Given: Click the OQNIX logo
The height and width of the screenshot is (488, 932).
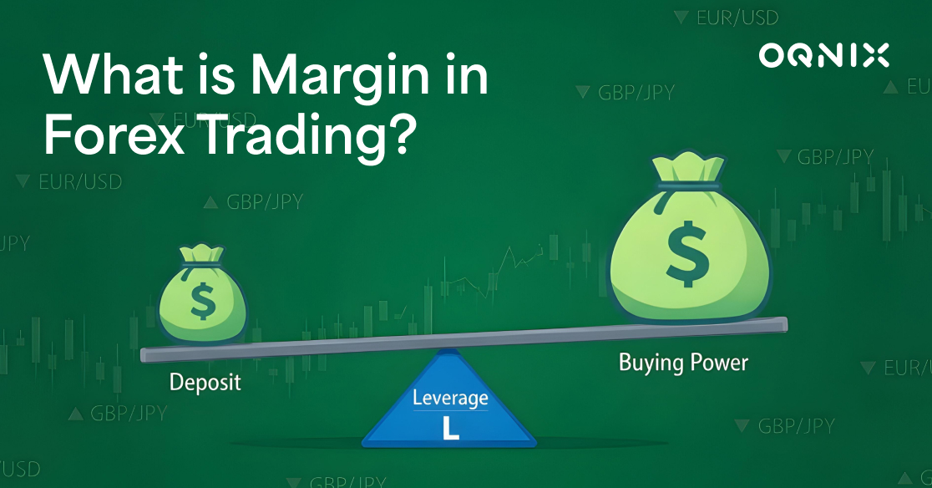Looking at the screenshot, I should click(x=823, y=56).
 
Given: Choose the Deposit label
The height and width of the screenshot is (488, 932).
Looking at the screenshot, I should click(x=205, y=382).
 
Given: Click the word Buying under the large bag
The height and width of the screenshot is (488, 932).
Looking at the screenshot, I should click(x=651, y=363).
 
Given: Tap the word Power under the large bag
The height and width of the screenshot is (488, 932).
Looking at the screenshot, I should click(x=720, y=363).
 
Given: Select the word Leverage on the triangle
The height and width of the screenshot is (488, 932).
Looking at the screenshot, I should click(x=450, y=399).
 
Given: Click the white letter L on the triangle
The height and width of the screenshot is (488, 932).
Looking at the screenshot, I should click(x=450, y=427).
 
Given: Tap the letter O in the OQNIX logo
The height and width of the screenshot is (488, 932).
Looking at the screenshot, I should click(x=771, y=56).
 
